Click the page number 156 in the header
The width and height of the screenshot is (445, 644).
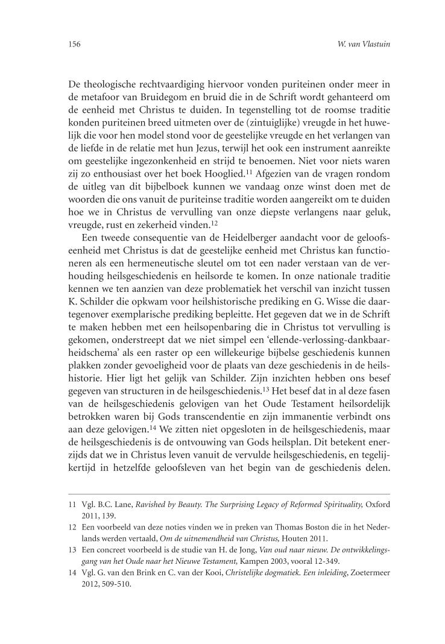click(75, 44)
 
